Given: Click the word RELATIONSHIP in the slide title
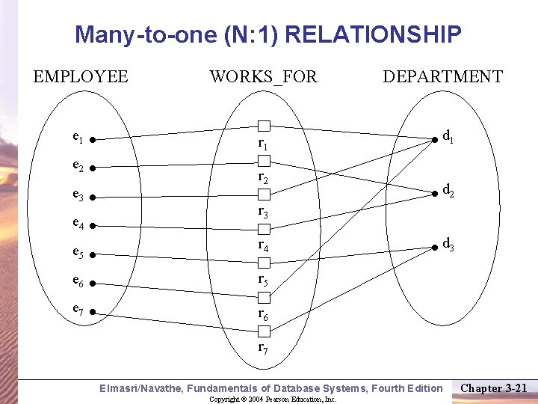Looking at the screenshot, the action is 374,34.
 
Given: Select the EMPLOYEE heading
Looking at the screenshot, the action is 81,76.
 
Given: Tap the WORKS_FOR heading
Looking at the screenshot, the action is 263,76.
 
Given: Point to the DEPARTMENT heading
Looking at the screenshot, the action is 442,76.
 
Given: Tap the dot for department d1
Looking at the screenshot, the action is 435,138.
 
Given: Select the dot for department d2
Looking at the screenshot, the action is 435,193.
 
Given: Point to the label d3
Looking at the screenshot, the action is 449,243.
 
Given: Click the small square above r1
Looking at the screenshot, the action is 264,126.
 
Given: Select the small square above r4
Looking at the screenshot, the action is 264,228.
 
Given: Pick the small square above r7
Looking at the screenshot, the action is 264,331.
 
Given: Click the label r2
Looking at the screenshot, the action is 263,177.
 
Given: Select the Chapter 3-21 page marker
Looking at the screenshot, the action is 494,388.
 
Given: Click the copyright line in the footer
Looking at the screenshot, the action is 273,400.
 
